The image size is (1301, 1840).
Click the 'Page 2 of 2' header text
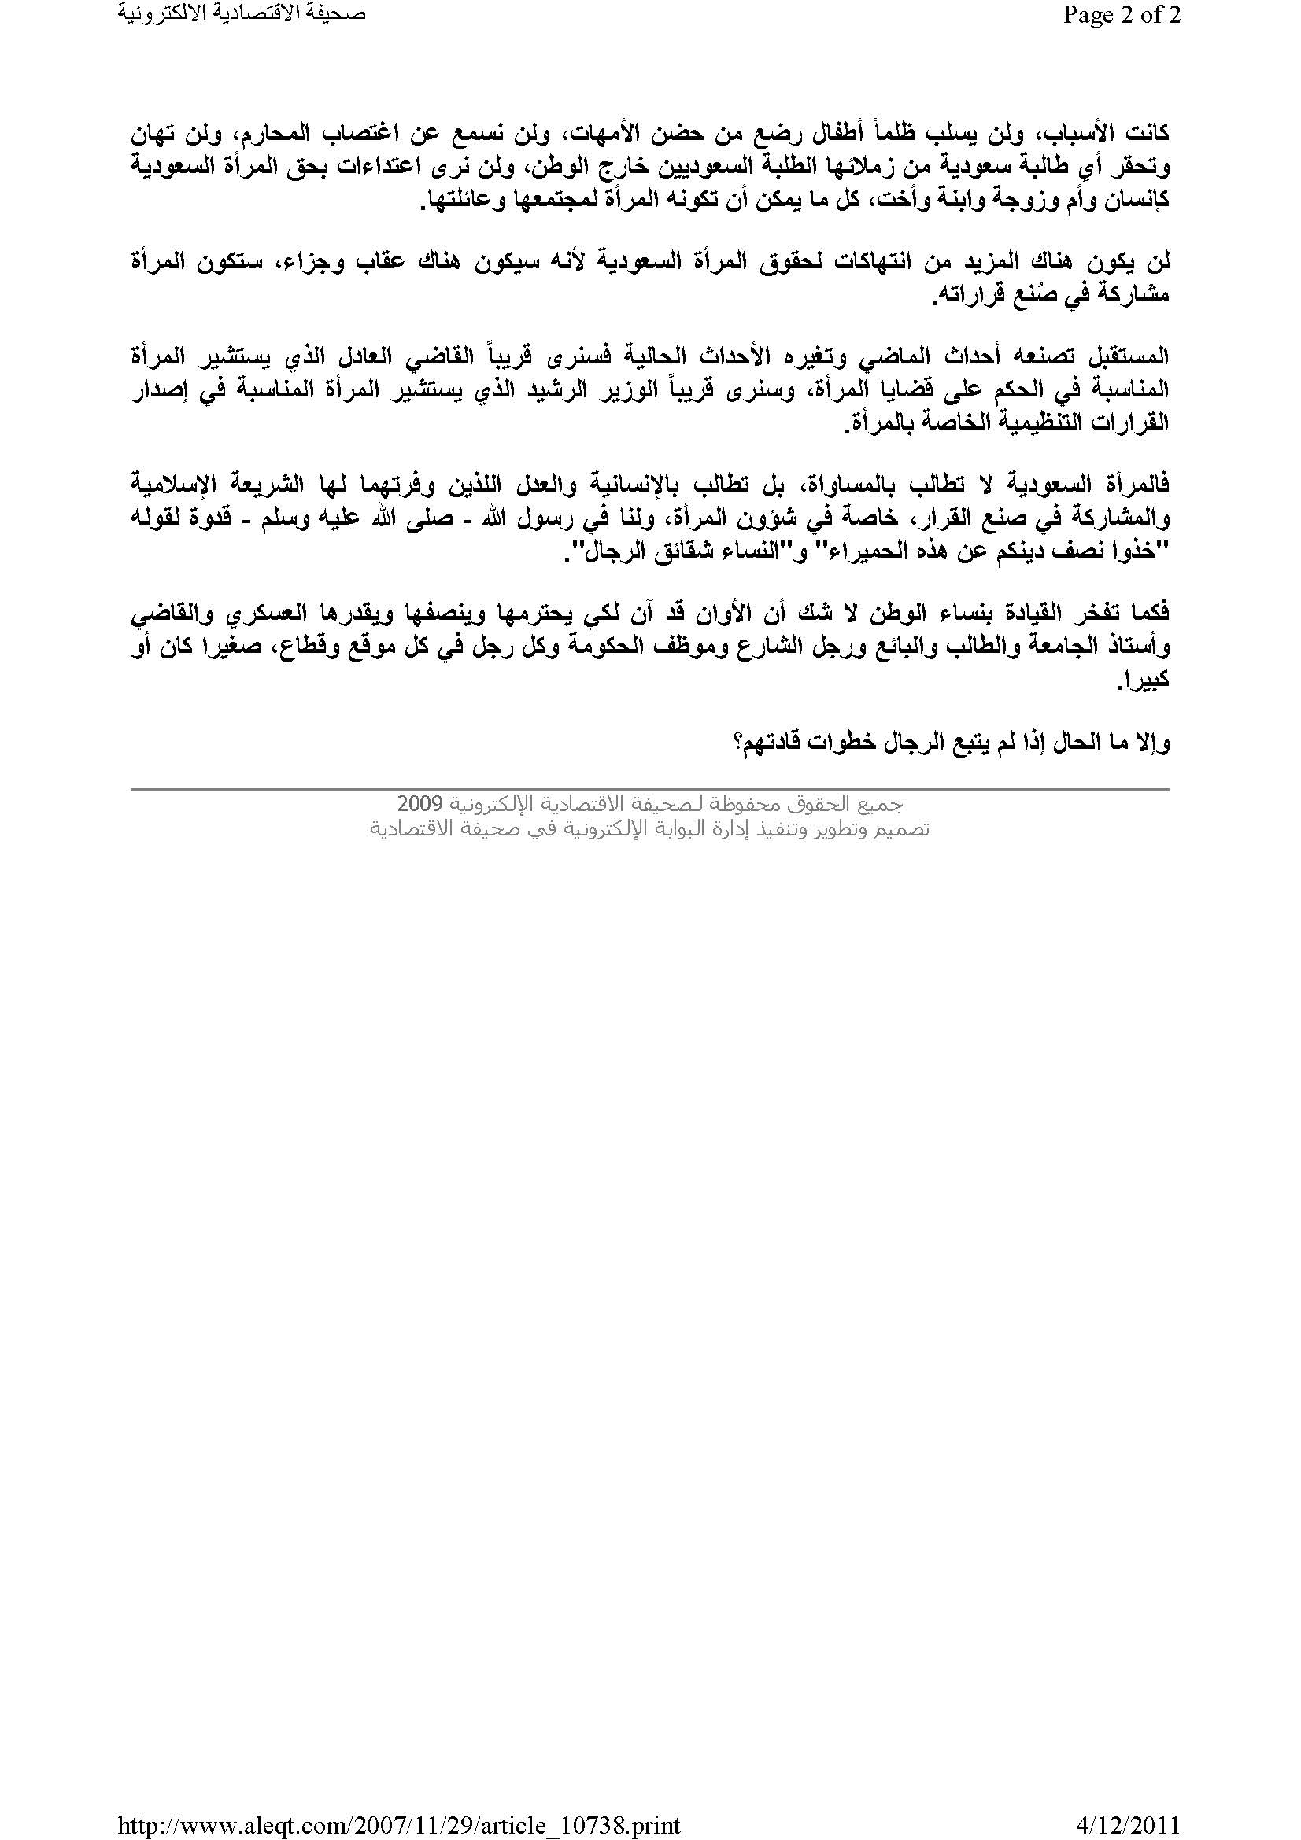[x=1122, y=15]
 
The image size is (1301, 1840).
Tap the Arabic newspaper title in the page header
[x=242, y=15]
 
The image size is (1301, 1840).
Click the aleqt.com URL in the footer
[x=399, y=1820]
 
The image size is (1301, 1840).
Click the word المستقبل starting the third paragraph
[x=1129, y=356]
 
